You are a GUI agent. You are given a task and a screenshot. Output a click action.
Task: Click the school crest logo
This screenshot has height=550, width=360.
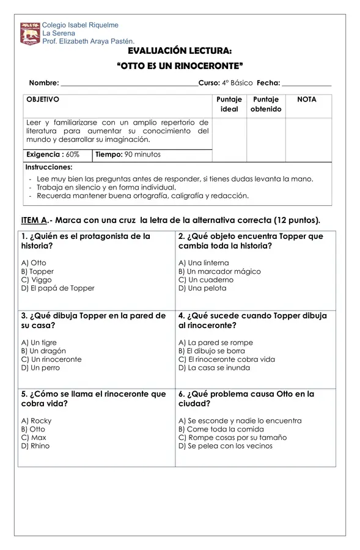point(29,34)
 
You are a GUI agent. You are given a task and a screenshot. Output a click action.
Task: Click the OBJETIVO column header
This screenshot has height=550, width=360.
point(43,99)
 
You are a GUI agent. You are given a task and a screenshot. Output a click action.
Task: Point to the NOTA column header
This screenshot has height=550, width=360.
point(306,99)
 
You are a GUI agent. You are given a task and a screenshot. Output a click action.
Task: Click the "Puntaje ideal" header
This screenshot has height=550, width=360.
point(229,104)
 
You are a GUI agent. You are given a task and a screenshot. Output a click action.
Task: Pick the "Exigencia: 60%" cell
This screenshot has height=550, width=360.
point(53,155)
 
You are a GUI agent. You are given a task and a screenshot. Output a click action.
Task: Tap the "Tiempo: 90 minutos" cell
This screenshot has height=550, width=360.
point(128,155)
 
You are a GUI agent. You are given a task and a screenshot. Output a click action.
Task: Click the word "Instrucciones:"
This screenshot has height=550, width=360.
point(49,167)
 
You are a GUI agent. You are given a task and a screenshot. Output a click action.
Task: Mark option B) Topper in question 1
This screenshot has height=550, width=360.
point(37,271)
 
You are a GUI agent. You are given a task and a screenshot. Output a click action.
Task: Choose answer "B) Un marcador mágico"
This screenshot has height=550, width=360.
point(219,271)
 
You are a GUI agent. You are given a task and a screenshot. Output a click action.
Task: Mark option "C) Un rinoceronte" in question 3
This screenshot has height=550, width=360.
point(51,359)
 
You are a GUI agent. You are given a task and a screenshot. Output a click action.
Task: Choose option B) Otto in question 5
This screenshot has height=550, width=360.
point(33,429)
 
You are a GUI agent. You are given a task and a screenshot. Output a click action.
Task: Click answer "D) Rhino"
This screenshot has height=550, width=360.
point(35,446)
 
